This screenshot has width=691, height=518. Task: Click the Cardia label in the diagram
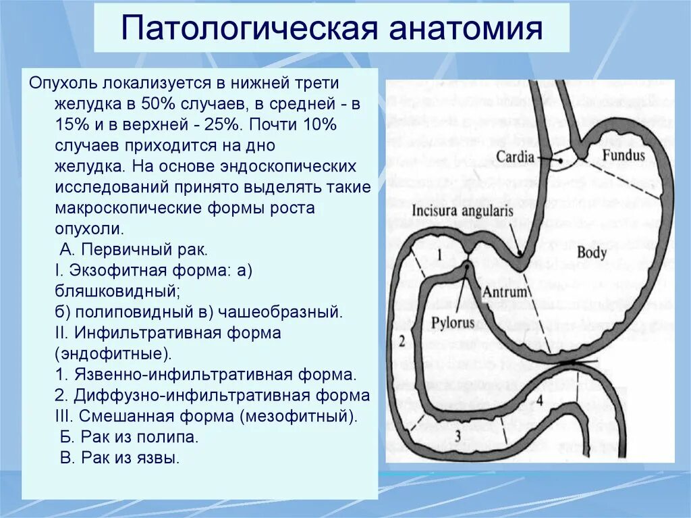coord(516,157)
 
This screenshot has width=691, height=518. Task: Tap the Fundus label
coord(624,155)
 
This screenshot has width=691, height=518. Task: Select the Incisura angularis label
coord(462,210)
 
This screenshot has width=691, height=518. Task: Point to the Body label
coord(593,253)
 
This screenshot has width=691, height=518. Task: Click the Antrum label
coord(504,292)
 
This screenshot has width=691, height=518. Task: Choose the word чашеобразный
coord(285,312)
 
